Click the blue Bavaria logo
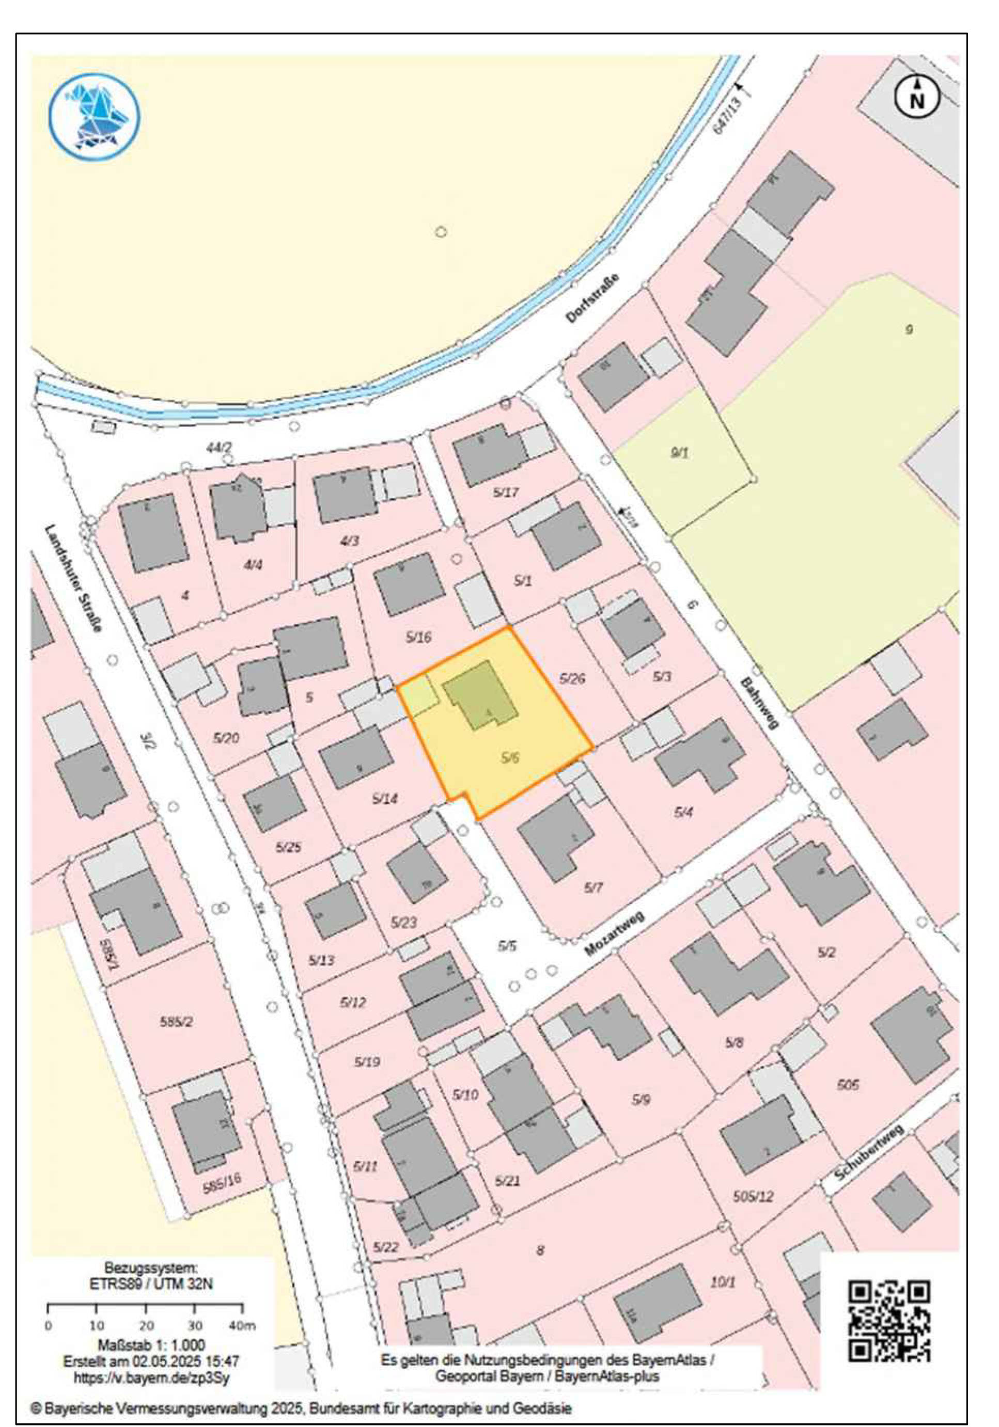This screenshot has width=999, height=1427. tap(95, 117)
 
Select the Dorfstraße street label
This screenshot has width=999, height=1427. tap(594, 298)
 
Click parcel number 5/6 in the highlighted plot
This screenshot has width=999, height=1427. tap(510, 757)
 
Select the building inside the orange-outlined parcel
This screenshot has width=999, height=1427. tap(480, 695)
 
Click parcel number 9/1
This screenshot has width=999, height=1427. tap(679, 452)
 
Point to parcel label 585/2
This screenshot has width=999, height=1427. tap(176, 1021)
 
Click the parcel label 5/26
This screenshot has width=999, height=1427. tap(572, 678)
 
